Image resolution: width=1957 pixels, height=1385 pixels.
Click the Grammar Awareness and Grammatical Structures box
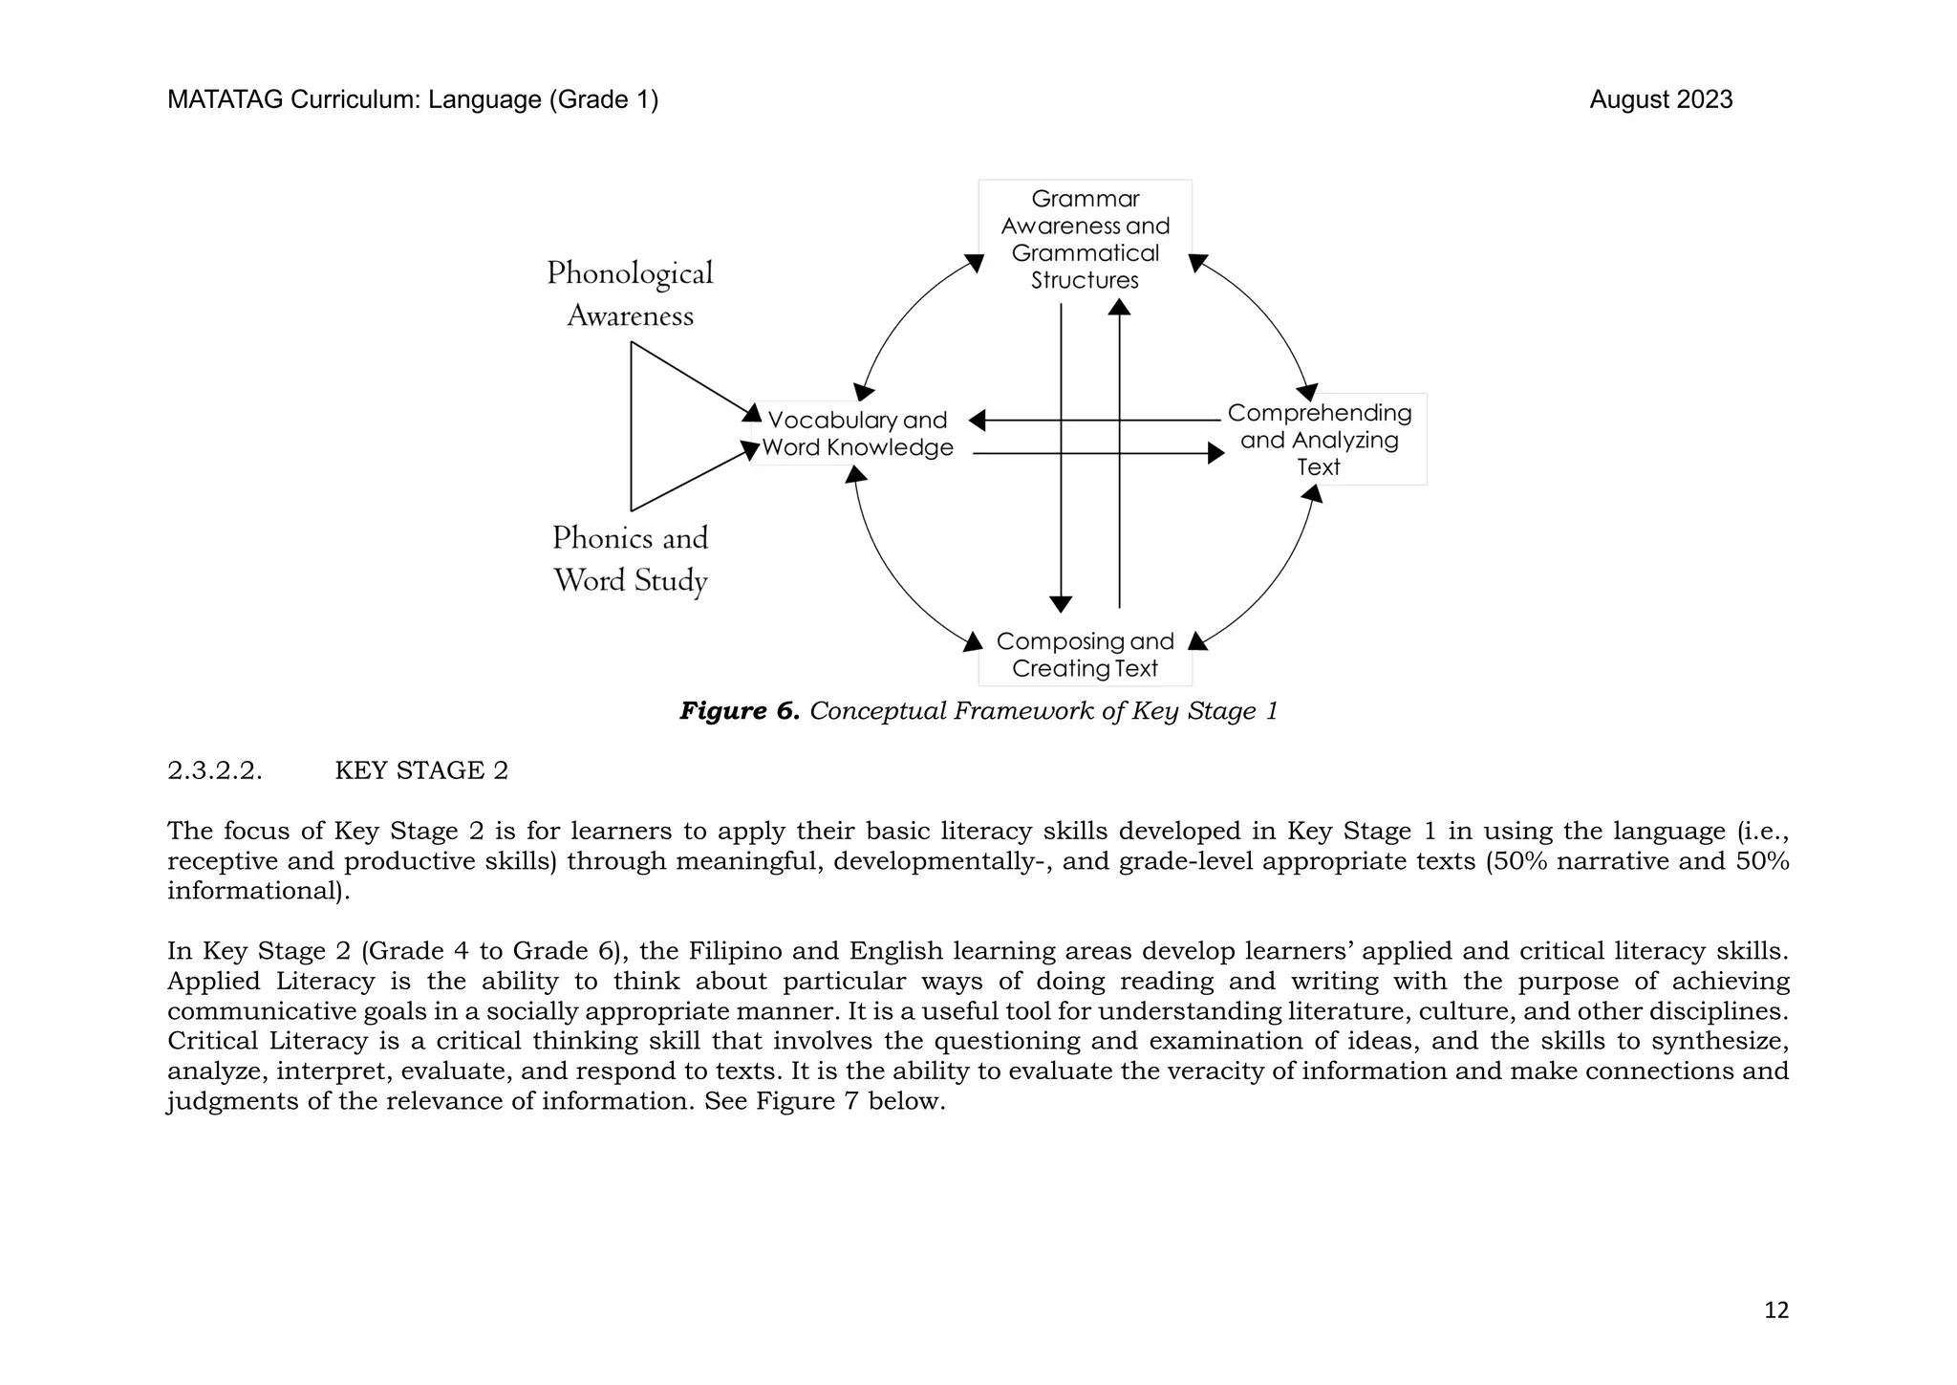pos(1085,239)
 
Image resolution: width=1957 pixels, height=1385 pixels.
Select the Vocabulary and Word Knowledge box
pos(857,434)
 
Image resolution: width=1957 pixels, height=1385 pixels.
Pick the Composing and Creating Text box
pos(1085,655)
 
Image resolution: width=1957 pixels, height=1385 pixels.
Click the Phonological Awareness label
pos(630,293)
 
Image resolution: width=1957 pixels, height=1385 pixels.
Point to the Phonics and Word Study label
pos(630,559)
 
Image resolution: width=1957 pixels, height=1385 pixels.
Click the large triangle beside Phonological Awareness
pos(669,427)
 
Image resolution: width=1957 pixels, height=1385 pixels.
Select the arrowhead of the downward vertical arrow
pos(1061,604)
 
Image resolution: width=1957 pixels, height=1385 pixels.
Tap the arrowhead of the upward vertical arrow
pos(1119,307)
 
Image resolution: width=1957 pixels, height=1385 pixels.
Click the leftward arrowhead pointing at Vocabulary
pos(978,421)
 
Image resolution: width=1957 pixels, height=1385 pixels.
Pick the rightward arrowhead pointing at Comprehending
pos(1216,453)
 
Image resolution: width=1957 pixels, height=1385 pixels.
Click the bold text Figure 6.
pos(739,711)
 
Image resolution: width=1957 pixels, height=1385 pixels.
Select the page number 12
pos(1775,1310)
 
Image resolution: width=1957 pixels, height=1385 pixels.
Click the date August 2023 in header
pos(1661,99)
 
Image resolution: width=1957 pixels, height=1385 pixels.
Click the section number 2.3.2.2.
pos(214,770)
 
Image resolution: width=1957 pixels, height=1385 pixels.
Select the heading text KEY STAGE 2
pos(421,770)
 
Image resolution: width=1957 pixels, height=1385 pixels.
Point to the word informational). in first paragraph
pos(259,891)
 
